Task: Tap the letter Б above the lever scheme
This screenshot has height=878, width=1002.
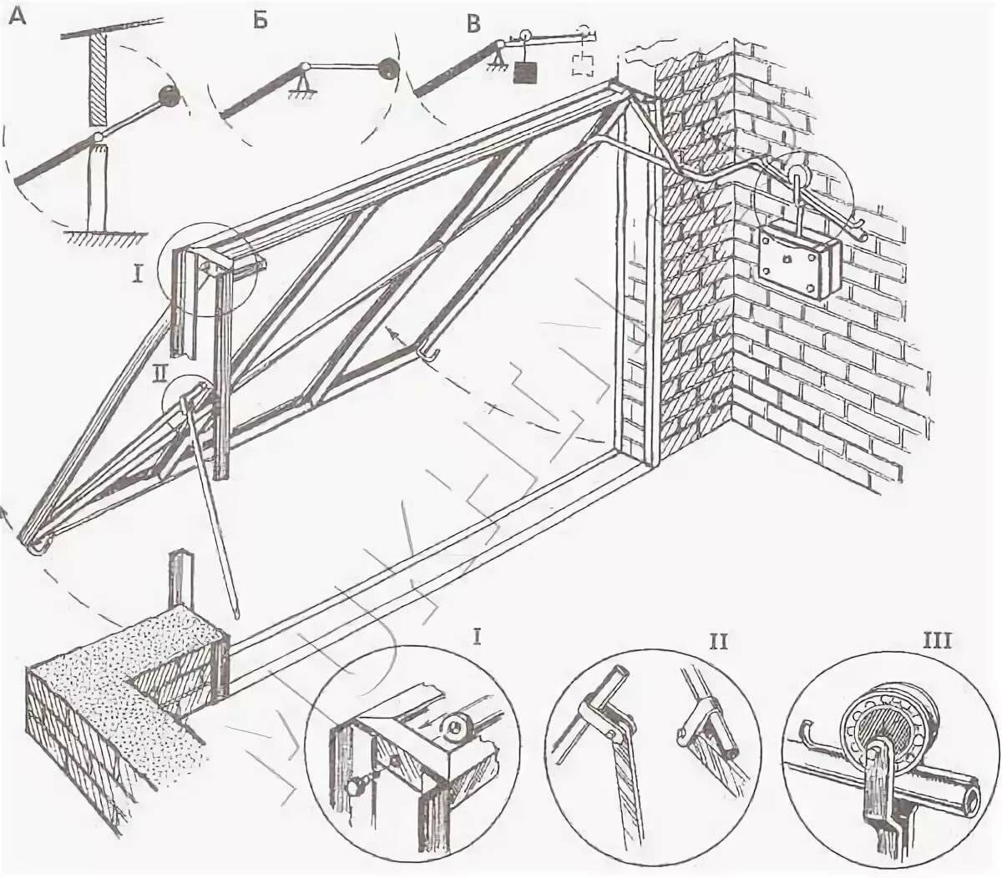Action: click(x=261, y=19)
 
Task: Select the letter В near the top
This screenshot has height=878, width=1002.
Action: click(x=474, y=23)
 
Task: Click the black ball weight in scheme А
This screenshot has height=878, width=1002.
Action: click(x=170, y=94)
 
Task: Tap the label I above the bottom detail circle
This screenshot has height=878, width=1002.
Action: click(x=477, y=638)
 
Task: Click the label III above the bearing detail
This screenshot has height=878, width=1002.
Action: click(x=938, y=642)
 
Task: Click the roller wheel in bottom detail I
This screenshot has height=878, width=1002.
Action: click(x=457, y=727)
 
